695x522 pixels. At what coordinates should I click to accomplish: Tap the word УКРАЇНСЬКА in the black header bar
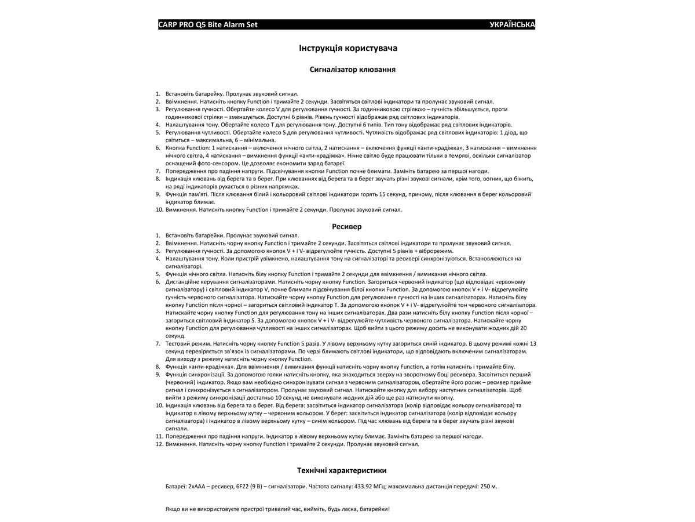tap(512, 25)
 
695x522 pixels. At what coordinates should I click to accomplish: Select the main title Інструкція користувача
tap(348, 48)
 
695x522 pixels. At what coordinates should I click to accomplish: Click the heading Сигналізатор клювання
tap(353, 69)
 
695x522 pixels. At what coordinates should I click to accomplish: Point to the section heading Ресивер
tap(347, 226)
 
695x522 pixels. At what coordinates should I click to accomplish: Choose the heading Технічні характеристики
tap(342, 470)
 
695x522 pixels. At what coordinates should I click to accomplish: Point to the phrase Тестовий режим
tap(184, 343)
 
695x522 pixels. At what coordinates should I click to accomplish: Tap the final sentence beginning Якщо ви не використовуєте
tap(277, 509)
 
